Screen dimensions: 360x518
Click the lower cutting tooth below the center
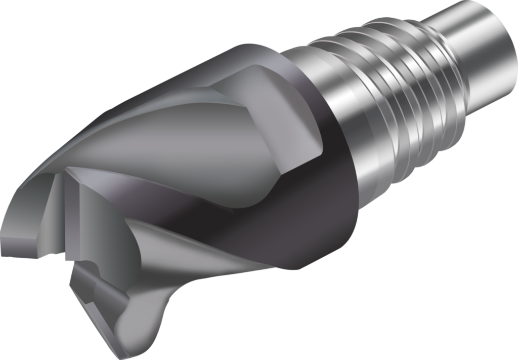pyautogui.click(x=96, y=294)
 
